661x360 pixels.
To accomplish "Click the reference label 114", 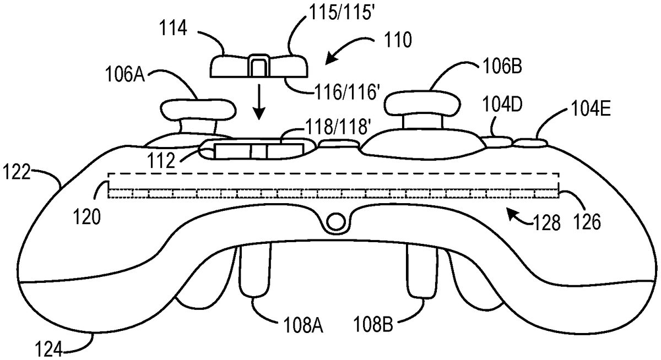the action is coord(173,29).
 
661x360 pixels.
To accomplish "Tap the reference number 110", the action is coord(398,40).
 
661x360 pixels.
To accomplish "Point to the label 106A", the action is coord(125,74).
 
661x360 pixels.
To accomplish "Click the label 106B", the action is coord(502,66).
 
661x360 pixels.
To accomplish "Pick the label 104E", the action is coord(590,108).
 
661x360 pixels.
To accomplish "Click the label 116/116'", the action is coord(346,92).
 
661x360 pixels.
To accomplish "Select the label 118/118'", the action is coord(338,126).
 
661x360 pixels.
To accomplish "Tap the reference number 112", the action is coord(161,161).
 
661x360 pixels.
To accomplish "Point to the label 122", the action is coord(17,172).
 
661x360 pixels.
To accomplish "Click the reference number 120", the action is coord(87,217).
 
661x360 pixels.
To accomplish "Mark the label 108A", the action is coord(304,325).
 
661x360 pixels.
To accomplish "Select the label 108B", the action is coord(373,324).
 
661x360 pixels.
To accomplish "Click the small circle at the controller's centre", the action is coord(336,221).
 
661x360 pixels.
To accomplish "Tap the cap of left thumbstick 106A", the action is coord(198,110).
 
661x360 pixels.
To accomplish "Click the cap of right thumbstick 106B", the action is coord(422,103).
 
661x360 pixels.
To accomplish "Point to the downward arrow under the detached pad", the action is coord(259,102).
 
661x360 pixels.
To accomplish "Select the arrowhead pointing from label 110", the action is coord(330,59).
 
